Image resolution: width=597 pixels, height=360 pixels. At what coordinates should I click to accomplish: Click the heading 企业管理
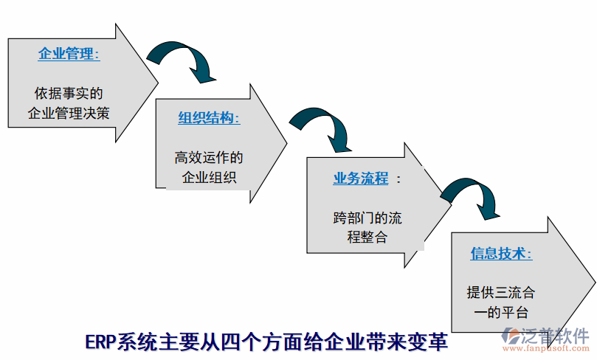coord(68,54)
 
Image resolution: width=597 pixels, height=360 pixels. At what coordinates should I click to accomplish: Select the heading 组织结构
coord(209,118)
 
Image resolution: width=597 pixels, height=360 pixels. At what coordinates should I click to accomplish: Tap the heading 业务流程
coord(360,179)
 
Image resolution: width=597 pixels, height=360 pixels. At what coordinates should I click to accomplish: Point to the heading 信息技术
coord(501,253)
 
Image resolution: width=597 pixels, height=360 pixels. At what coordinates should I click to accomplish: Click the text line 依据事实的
coord(69,94)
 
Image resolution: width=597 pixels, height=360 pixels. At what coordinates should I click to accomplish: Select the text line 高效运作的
coord(209,158)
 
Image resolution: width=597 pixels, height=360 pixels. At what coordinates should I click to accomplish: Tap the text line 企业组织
coord(209,177)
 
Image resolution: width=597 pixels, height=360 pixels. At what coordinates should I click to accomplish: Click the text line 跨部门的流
coord(367,218)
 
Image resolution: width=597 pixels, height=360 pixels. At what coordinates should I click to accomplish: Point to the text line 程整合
coord(367,238)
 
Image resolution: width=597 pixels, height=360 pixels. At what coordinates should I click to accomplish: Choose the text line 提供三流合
coord(501,292)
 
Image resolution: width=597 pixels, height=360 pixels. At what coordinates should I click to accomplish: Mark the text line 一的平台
coord(501,311)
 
